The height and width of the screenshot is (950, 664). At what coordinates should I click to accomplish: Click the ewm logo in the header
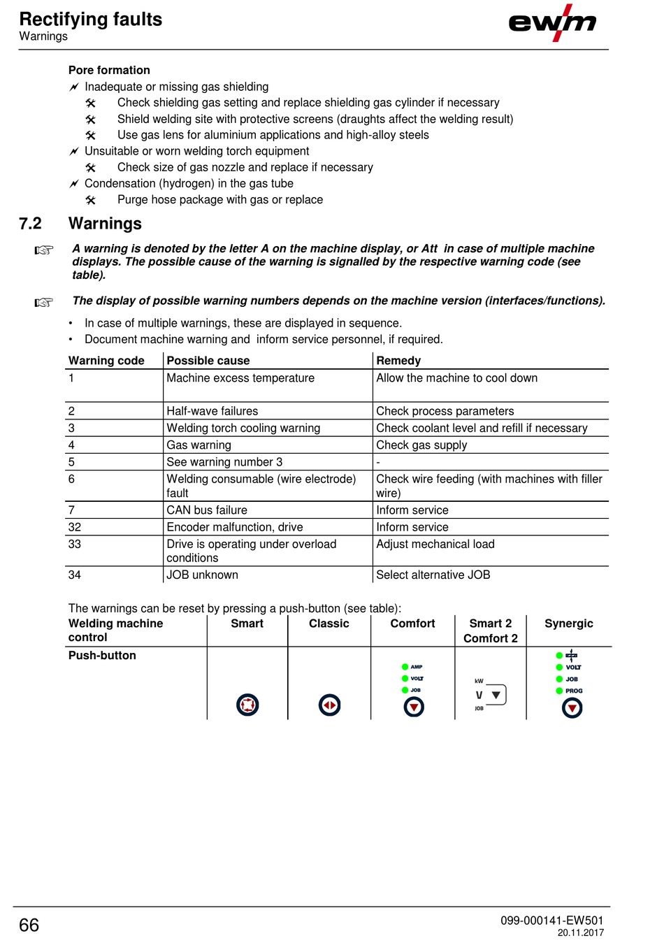click(552, 22)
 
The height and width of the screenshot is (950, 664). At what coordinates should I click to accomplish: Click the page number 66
click(29, 925)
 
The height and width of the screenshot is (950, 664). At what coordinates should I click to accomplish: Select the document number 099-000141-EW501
click(551, 920)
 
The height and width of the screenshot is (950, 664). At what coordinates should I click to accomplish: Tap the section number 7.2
click(31, 224)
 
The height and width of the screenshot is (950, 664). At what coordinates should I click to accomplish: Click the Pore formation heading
click(109, 70)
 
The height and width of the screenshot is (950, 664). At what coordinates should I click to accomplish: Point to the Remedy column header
click(398, 361)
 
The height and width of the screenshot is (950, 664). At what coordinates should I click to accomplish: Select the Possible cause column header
click(208, 361)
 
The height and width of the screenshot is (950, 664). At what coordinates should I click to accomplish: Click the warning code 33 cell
click(75, 544)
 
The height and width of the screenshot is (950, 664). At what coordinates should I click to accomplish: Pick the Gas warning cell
click(199, 445)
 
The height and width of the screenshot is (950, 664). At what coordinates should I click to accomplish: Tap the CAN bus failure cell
click(207, 510)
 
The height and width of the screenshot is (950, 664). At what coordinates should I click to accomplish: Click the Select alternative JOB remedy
click(433, 575)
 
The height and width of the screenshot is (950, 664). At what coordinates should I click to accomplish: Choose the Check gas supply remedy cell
click(421, 445)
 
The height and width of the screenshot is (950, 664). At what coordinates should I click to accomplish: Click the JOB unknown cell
click(202, 575)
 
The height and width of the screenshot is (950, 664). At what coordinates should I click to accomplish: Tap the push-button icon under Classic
click(329, 705)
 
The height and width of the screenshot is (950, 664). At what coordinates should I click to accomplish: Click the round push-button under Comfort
click(414, 707)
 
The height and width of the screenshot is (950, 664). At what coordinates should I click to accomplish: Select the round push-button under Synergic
click(572, 708)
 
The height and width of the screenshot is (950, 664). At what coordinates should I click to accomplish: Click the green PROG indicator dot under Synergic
click(559, 691)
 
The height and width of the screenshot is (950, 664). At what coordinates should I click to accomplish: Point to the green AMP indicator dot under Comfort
click(405, 667)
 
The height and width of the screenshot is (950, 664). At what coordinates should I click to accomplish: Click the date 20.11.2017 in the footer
click(580, 933)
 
